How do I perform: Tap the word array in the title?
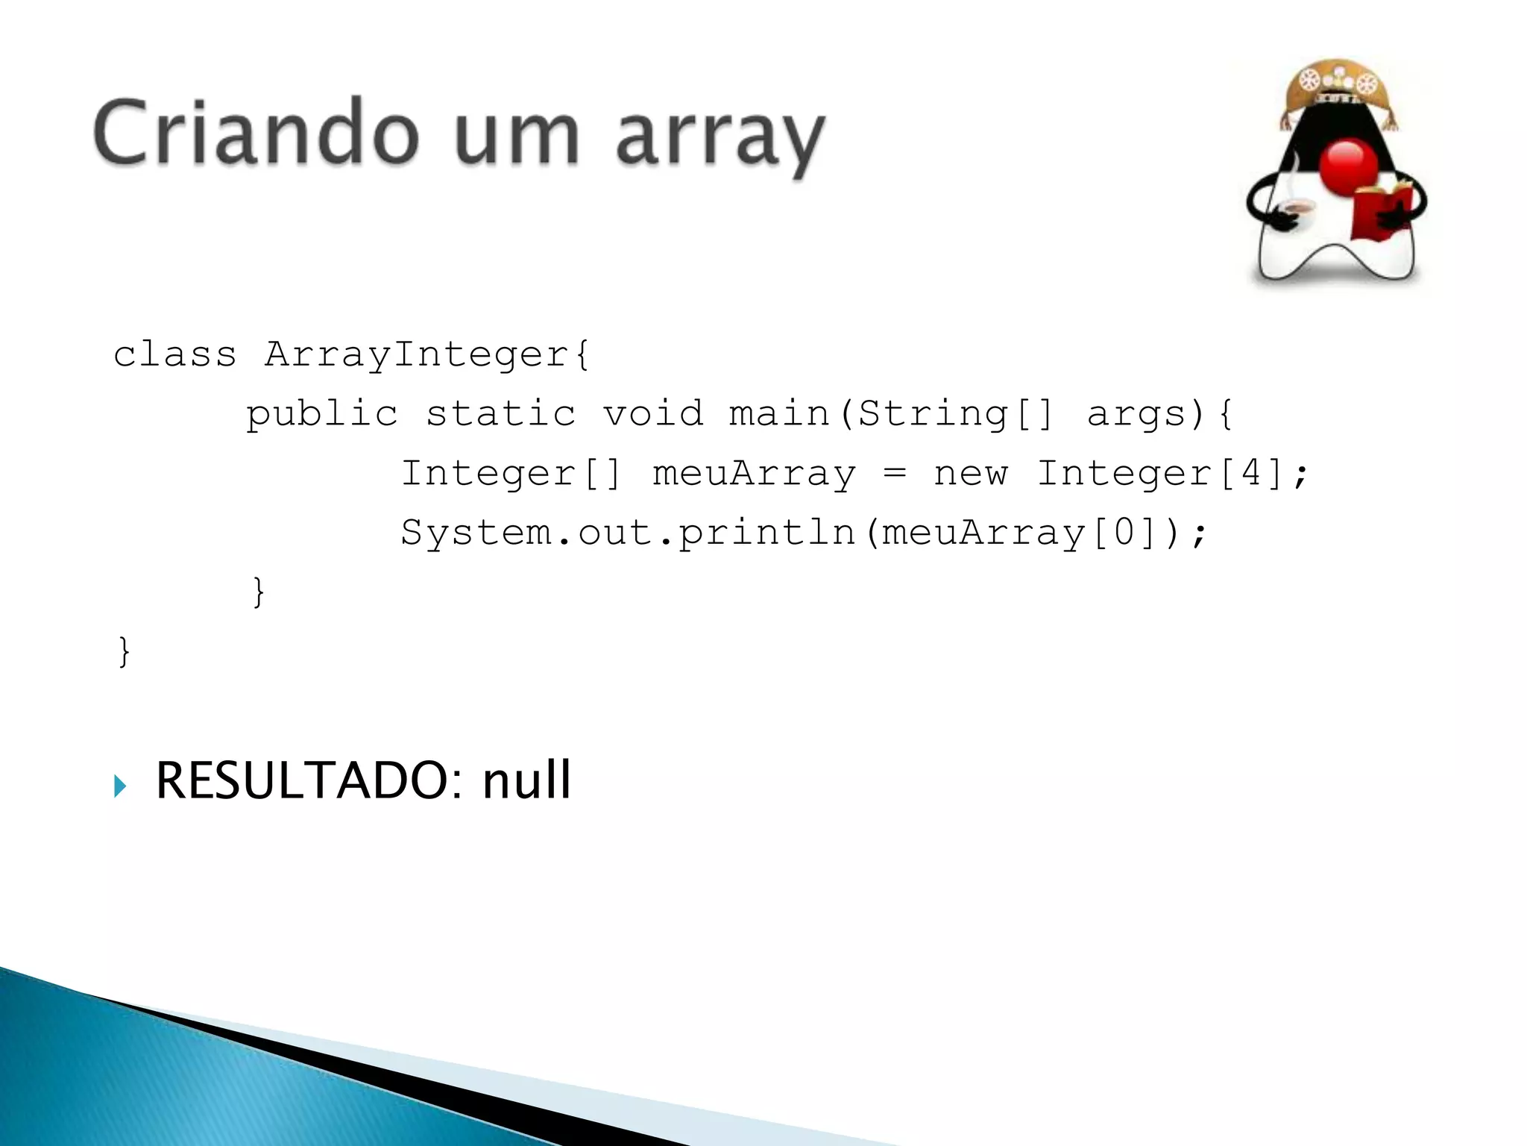[x=720, y=138]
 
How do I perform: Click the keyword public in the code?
[x=322, y=414]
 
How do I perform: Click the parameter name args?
[x=1145, y=414]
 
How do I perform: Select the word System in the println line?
[x=476, y=533]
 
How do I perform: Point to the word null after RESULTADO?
[x=526, y=780]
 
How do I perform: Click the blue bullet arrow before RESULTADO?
[x=120, y=786]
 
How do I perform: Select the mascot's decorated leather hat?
[x=1336, y=87]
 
